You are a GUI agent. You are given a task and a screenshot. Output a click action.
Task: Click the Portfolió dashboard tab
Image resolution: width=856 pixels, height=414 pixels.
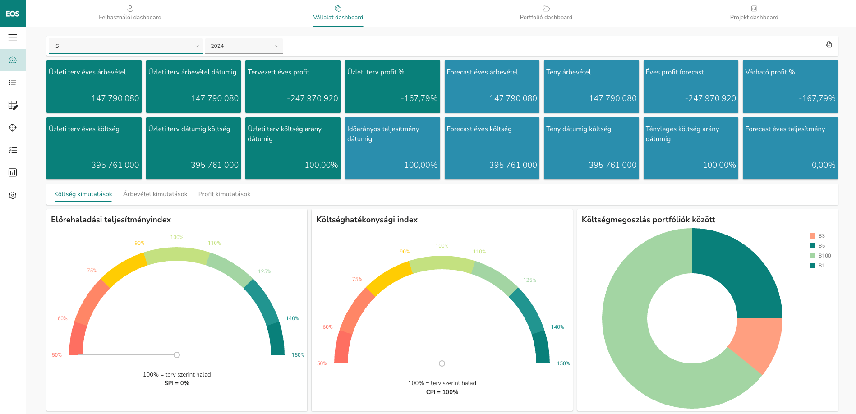pyautogui.click(x=546, y=14)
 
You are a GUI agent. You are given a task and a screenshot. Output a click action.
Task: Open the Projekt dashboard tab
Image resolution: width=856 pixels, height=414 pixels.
pyautogui.click(x=754, y=14)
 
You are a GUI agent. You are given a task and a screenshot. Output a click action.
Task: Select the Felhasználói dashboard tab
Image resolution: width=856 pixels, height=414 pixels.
pyautogui.click(x=130, y=14)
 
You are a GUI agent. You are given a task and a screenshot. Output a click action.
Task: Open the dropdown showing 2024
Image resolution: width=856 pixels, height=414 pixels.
pyautogui.click(x=244, y=46)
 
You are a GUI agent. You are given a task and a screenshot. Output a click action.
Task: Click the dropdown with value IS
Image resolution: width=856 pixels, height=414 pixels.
pyautogui.click(x=125, y=46)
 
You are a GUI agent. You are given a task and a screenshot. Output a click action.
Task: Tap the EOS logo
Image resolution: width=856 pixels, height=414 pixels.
pyautogui.click(x=13, y=14)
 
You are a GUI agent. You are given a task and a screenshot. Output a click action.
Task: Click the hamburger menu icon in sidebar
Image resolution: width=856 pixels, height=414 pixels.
pyautogui.click(x=13, y=37)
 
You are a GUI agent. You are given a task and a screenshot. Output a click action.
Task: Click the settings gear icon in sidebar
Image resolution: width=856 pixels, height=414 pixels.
pyautogui.click(x=13, y=195)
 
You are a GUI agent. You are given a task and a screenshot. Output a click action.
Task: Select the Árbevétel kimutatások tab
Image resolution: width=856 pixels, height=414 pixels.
pyautogui.click(x=155, y=194)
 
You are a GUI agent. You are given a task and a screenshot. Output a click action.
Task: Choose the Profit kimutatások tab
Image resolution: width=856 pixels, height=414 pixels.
pyautogui.click(x=224, y=194)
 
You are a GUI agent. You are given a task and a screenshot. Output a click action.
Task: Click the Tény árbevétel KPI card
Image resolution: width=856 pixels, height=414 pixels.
pyautogui.click(x=591, y=87)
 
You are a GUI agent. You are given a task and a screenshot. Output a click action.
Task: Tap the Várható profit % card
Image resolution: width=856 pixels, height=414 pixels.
pyautogui.click(x=790, y=87)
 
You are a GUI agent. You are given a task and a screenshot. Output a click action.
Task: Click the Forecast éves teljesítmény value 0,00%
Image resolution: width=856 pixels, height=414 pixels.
pyautogui.click(x=823, y=165)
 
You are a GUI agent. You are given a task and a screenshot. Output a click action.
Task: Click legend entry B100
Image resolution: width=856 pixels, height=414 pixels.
pyautogui.click(x=824, y=256)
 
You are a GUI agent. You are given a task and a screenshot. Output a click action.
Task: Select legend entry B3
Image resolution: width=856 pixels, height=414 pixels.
pyautogui.click(x=821, y=236)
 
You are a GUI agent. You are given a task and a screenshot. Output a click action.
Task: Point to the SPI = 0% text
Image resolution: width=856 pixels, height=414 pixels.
pyautogui.click(x=177, y=383)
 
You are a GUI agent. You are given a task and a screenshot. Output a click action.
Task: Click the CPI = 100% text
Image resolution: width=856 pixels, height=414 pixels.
pyautogui.click(x=442, y=392)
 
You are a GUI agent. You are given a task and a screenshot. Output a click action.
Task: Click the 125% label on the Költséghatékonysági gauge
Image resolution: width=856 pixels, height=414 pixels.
pyautogui.click(x=529, y=280)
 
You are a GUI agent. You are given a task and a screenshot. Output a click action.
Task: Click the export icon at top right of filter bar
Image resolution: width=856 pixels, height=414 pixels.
pyautogui.click(x=828, y=45)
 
